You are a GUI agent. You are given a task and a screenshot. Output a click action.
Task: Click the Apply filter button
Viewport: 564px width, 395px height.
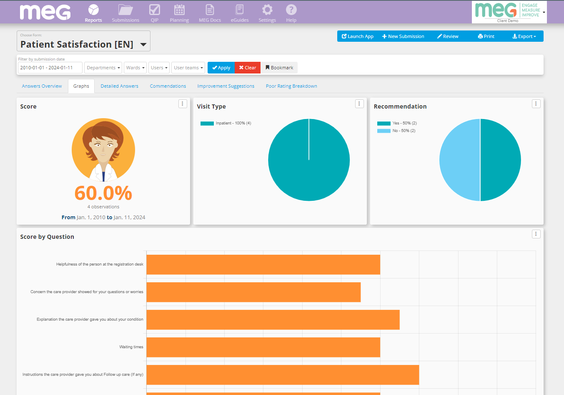(221, 68)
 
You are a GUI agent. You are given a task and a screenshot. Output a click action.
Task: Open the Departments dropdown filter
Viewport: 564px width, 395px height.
(103, 68)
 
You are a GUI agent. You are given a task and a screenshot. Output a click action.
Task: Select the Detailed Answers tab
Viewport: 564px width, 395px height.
(119, 86)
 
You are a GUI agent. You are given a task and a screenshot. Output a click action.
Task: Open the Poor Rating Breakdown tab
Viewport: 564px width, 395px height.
(291, 86)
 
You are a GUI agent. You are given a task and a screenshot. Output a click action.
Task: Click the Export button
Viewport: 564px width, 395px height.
(524, 36)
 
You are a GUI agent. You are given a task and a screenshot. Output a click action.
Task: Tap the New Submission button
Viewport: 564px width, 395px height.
(403, 36)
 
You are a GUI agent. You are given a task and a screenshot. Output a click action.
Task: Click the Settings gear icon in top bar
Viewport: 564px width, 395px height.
(267, 10)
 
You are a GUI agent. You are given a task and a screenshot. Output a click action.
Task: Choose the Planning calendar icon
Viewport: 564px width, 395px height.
(179, 10)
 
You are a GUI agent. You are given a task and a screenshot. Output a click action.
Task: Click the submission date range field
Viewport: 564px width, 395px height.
(50, 68)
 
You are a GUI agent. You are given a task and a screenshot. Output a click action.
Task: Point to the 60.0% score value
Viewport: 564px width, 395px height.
(103, 193)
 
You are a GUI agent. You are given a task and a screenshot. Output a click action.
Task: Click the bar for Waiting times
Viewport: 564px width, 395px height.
(263, 347)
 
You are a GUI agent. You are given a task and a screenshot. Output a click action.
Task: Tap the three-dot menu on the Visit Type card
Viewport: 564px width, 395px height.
(359, 104)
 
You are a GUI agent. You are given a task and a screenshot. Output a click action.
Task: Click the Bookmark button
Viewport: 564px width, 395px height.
(279, 68)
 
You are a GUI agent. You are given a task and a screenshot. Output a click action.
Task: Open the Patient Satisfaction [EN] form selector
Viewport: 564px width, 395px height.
(83, 44)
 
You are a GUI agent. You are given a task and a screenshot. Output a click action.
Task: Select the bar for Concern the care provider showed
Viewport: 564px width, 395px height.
(253, 292)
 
